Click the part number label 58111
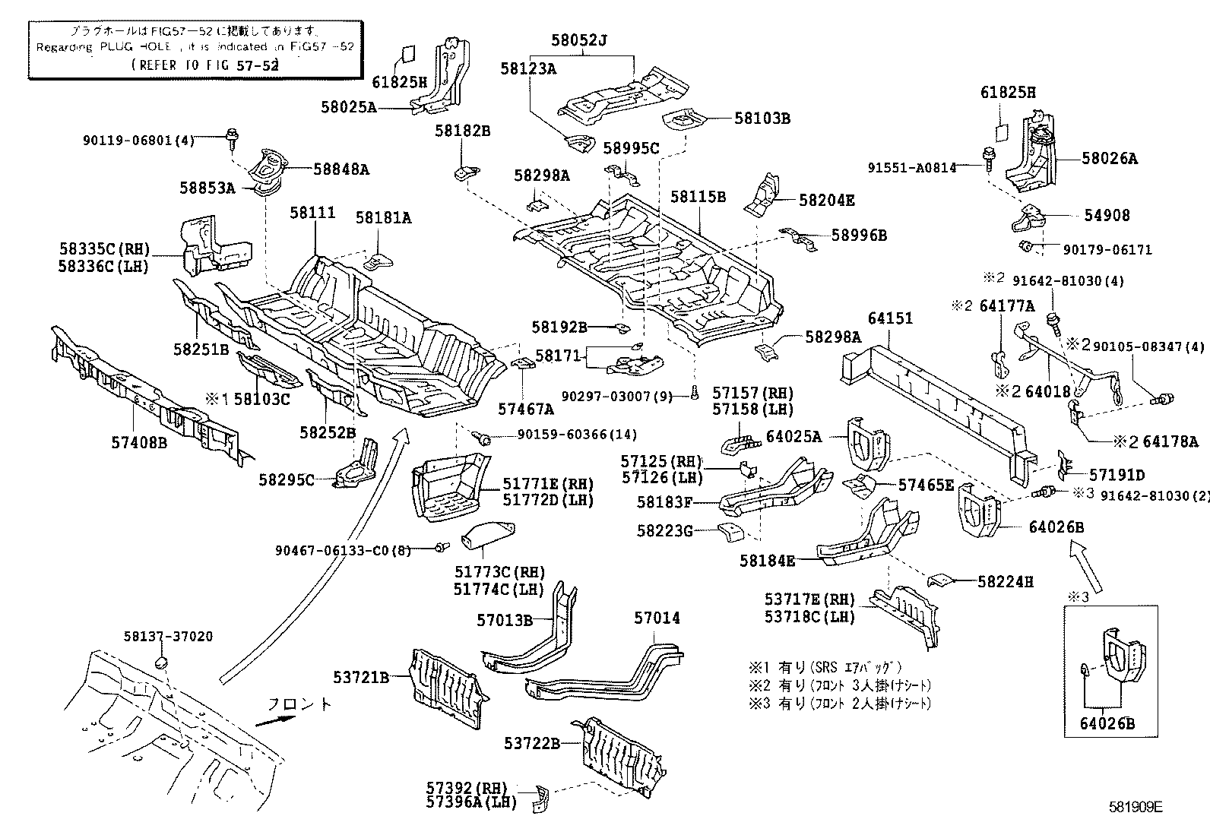click(312, 213)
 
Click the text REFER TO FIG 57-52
click(205, 65)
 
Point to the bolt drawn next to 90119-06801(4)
click(230, 138)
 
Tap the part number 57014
click(657, 618)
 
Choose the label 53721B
click(361, 676)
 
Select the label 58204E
click(826, 201)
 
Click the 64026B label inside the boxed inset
click(1107, 724)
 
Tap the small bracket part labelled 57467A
click(524, 365)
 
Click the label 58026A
click(1110, 159)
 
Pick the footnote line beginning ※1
click(825, 668)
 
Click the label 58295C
click(287, 479)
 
